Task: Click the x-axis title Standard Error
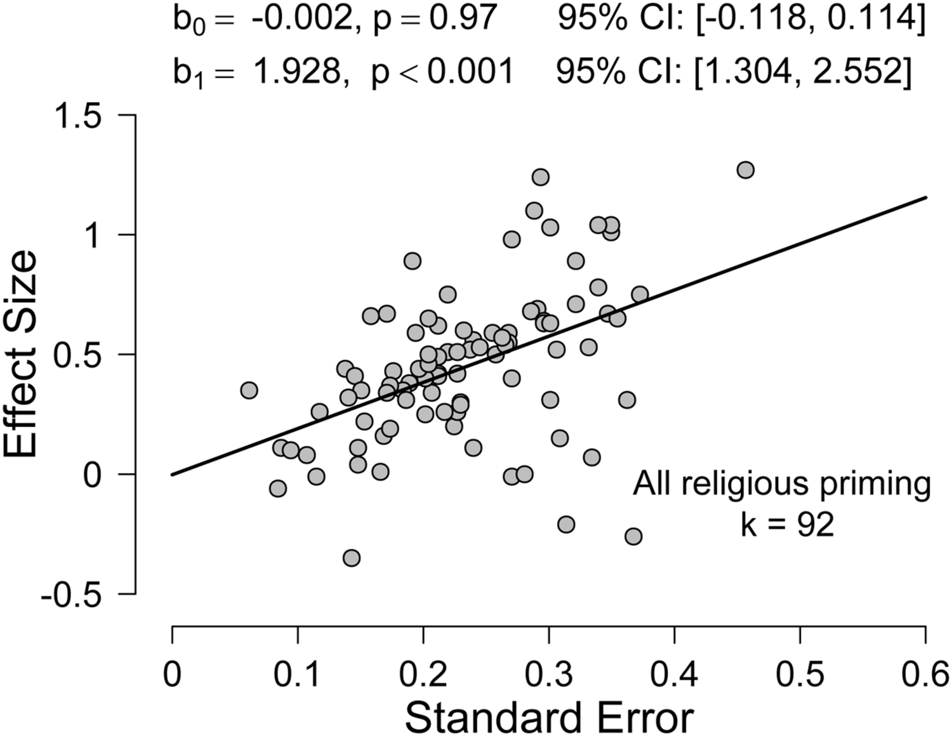(x=549, y=717)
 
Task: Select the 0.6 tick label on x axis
(x=925, y=674)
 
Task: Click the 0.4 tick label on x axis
(x=674, y=674)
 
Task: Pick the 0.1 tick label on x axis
(x=297, y=674)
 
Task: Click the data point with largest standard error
(x=745, y=170)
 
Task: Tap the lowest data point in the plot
(x=352, y=558)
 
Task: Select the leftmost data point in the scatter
(x=249, y=390)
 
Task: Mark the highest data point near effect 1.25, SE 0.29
(x=540, y=177)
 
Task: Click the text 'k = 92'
(x=787, y=525)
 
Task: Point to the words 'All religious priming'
(x=782, y=484)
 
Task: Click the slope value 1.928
(x=296, y=70)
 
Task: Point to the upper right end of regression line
(x=925, y=197)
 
